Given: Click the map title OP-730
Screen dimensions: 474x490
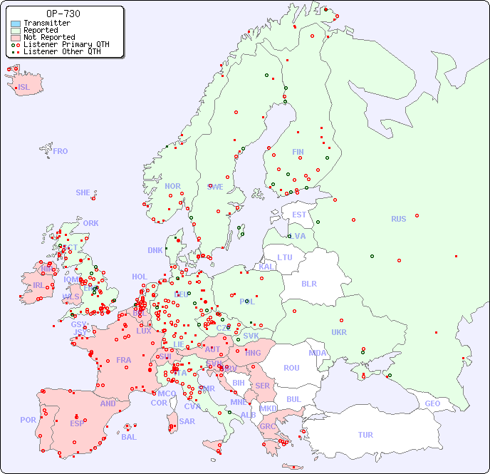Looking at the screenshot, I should [63, 14].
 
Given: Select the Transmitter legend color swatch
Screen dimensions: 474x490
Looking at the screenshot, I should [16, 24].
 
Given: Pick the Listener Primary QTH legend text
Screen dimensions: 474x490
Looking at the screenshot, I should [66, 44].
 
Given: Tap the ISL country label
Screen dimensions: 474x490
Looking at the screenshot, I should [24, 88].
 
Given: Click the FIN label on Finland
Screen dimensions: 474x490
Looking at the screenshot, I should [298, 152].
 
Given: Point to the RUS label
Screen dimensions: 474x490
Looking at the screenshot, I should [398, 219].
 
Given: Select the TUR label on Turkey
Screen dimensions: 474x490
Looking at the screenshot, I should [365, 435].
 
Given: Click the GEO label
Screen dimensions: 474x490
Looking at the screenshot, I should [432, 403].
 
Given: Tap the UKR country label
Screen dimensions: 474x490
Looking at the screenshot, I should [339, 332].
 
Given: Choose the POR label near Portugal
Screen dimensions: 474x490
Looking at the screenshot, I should [28, 420].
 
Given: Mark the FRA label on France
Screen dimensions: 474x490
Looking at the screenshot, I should [124, 360].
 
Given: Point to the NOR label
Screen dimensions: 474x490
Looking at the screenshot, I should [172, 186].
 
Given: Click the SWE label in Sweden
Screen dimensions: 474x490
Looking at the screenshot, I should [215, 187].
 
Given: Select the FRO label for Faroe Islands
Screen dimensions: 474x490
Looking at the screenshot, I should [61, 151].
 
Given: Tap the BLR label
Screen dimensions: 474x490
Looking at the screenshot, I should [308, 283].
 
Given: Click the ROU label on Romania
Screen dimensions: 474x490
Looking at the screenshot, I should [291, 368].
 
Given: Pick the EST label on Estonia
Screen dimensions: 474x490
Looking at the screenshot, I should [299, 215].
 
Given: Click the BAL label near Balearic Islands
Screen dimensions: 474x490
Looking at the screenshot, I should [128, 437].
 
